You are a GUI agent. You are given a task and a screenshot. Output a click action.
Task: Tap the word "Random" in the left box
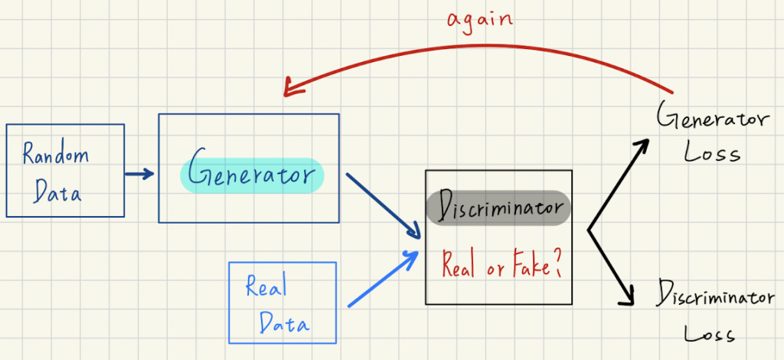click(56, 156)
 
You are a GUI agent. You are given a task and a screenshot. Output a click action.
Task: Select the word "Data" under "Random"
click(57, 191)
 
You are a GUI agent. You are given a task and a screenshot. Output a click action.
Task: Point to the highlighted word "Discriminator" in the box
click(498, 207)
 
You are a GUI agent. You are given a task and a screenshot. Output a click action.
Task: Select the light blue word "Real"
click(266, 287)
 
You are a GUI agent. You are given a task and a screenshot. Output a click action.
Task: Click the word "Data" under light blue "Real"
click(284, 323)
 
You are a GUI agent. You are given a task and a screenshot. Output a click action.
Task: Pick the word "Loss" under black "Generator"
click(712, 152)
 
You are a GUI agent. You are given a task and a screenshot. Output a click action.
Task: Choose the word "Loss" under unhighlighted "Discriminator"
click(710, 334)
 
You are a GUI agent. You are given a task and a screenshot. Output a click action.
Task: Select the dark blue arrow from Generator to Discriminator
click(383, 205)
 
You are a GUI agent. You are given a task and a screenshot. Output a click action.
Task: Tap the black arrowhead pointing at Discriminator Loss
click(630, 298)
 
